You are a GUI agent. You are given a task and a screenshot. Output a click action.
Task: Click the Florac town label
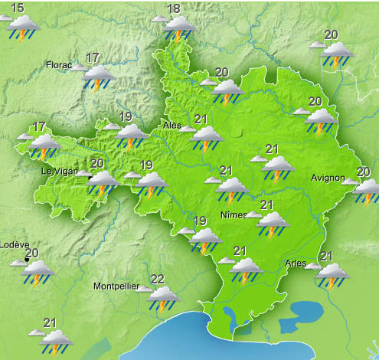point(59,65)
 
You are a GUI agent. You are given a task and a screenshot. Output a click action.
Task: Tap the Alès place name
point(172,125)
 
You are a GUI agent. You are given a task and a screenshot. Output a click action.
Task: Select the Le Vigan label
point(58,172)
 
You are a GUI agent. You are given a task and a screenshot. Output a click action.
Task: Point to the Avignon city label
point(328,178)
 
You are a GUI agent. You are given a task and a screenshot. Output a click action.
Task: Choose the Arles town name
point(295,263)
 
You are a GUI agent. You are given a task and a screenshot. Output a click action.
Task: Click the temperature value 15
point(17,8)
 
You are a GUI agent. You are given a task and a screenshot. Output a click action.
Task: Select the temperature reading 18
point(174,9)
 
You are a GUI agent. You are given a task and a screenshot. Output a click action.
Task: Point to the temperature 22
point(158,279)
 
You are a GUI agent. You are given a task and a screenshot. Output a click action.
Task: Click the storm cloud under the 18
point(181,28)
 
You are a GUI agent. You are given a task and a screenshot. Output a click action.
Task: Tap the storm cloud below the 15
point(24,28)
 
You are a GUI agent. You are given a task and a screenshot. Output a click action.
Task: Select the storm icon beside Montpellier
point(163,298)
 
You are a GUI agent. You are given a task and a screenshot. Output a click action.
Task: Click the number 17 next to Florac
point(93,57)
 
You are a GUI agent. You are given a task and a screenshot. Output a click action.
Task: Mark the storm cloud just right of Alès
point(207,138)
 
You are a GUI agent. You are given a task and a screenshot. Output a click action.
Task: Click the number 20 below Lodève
point(32,254)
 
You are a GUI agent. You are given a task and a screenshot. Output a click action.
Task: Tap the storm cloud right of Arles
point(333,275)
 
